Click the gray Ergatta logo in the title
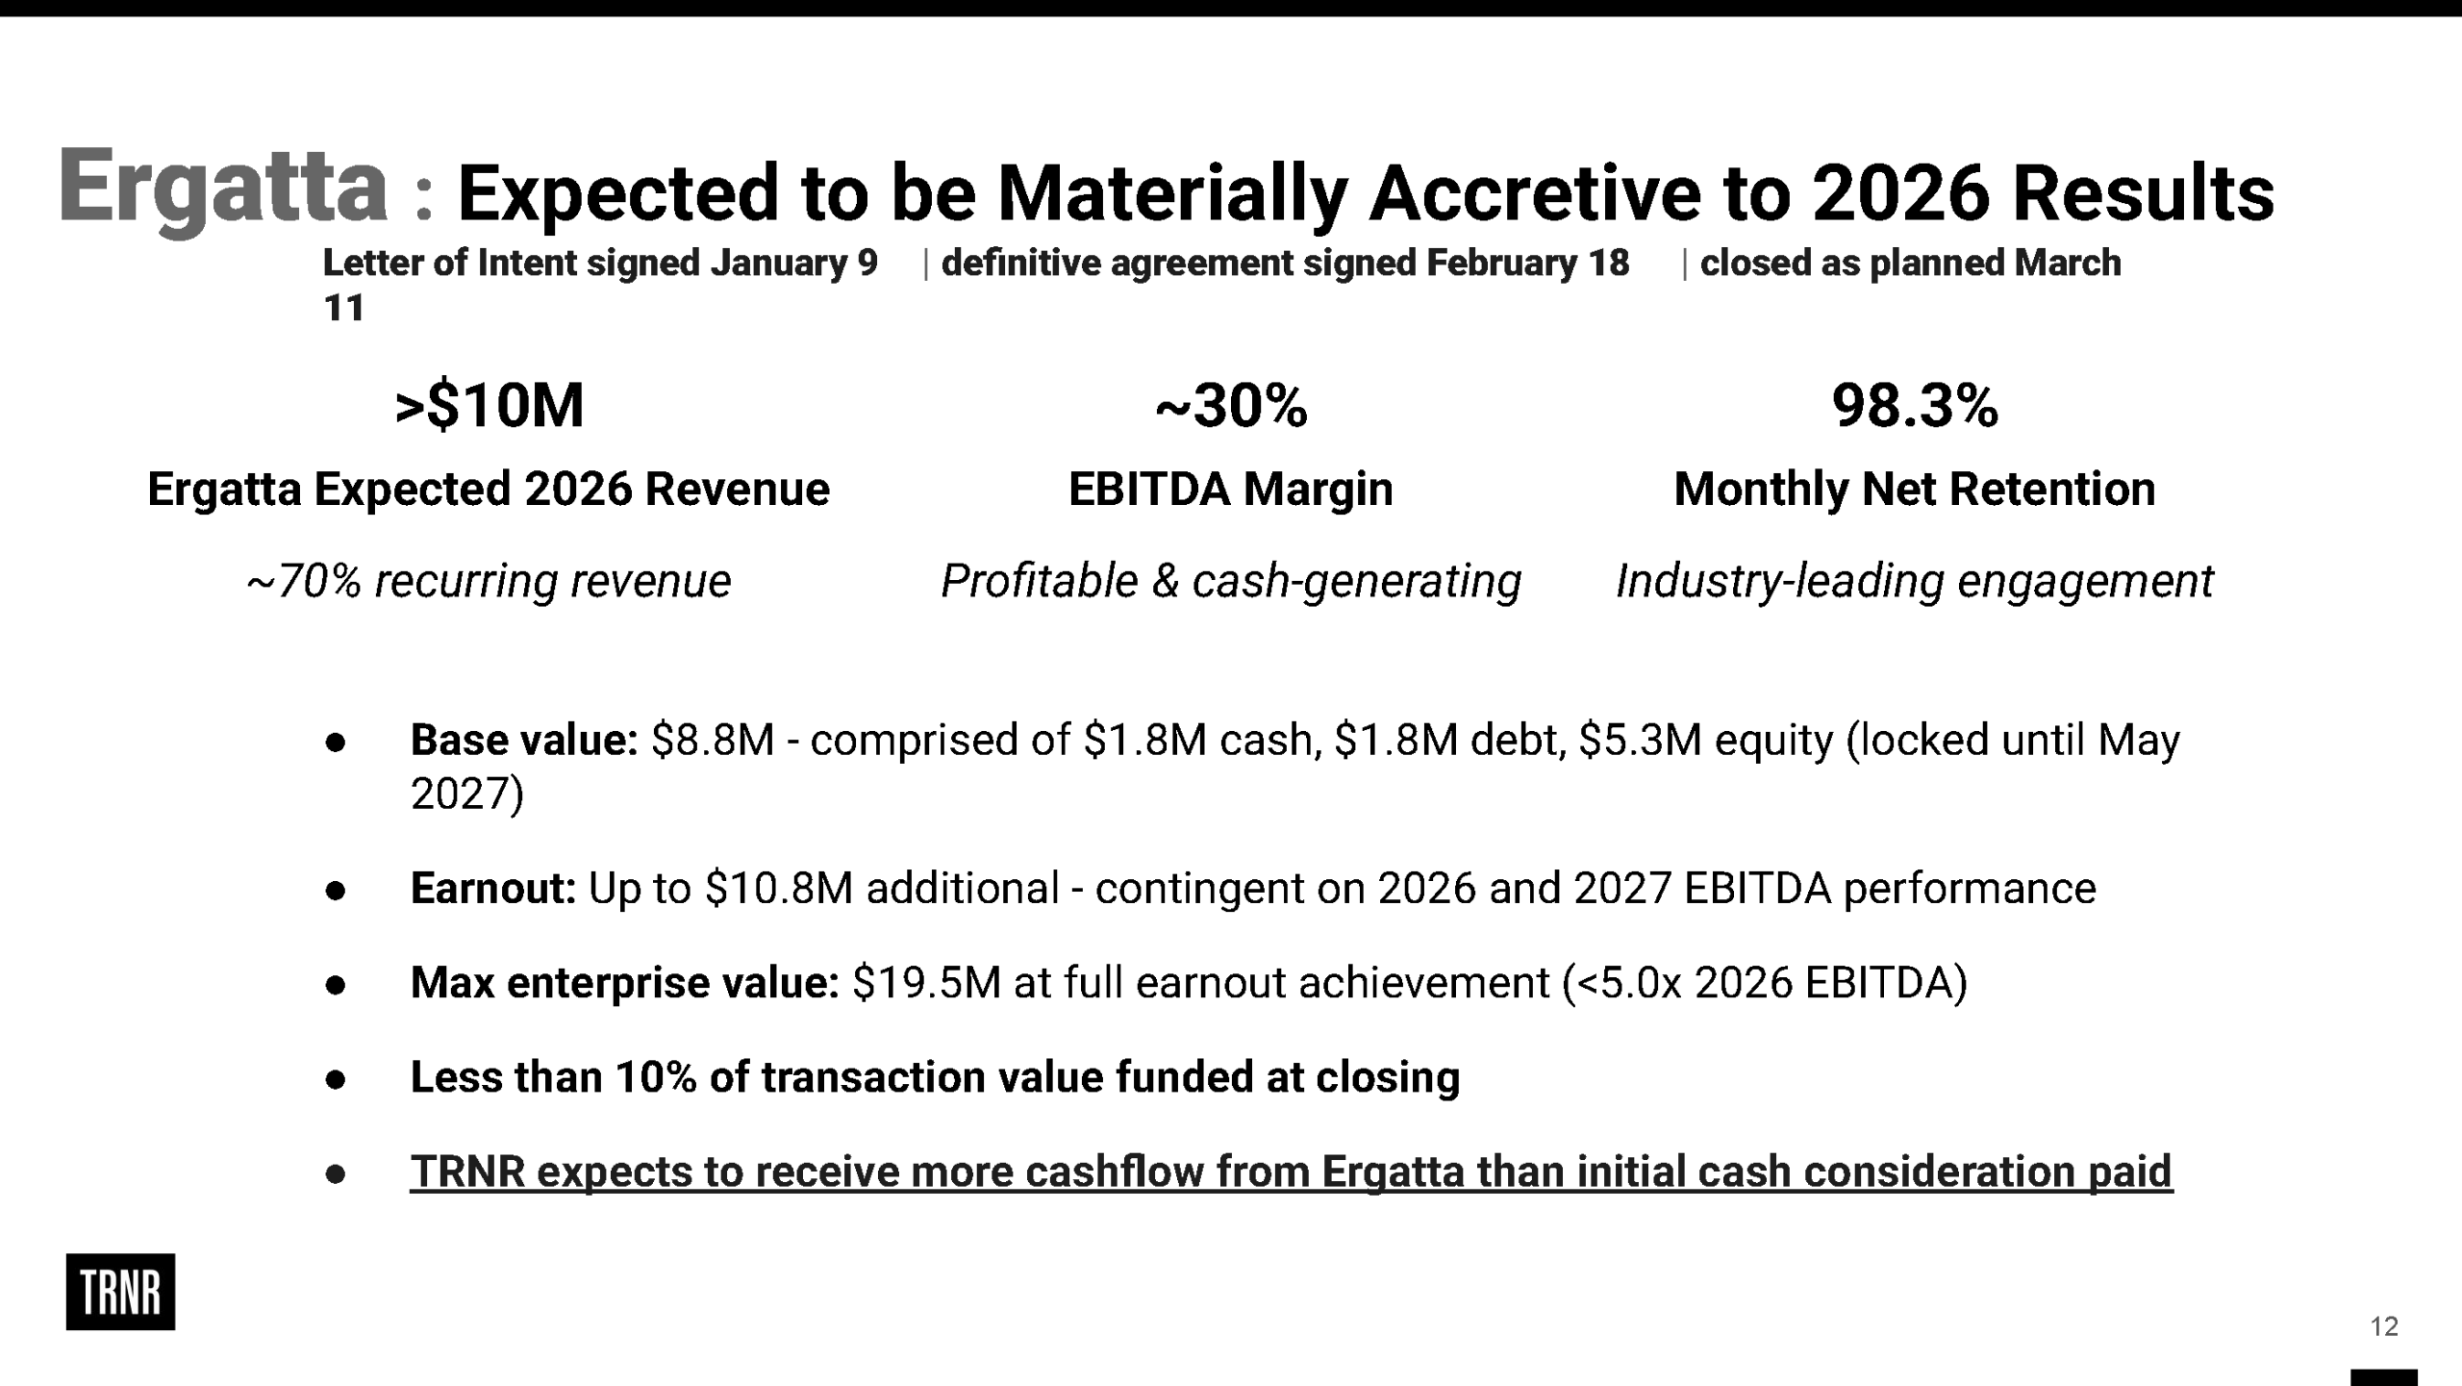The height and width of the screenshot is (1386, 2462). [223, 189]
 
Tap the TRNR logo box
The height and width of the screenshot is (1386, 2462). [120, 1292]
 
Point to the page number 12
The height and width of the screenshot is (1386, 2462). [2384, 1327]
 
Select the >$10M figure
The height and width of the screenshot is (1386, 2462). [490, 405]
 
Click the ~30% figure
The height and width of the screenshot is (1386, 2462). [1231, 405]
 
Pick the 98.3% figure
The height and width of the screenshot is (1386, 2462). [1915, 405]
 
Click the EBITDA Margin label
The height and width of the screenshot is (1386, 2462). [1231, 489]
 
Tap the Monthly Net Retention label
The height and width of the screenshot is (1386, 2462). [1915, 489]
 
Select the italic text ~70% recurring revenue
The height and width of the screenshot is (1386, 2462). [489, 581]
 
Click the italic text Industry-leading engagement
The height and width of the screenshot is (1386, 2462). [1915, 581]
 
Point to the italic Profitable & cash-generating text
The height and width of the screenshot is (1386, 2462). [1231, 581]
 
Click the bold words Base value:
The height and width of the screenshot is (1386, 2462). [524, 740]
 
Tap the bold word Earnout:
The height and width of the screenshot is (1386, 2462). [493, 888]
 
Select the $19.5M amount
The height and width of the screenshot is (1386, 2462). [927, 983]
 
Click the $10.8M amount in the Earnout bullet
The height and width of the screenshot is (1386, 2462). [779, 888]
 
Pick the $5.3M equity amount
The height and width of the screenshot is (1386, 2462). [1641, 740]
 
